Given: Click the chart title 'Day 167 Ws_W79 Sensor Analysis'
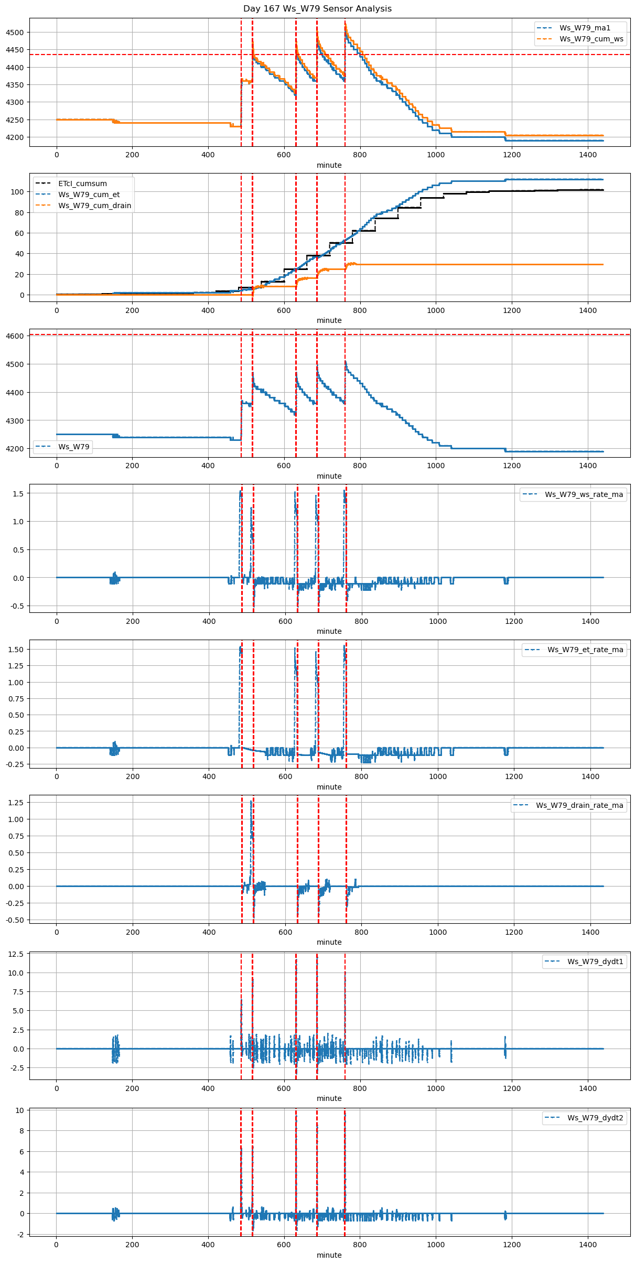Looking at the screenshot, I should click(x=317, y=8).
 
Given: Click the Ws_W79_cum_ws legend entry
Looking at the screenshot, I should click(x=591, y=39).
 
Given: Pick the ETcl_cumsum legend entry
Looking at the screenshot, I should click(x=82, y=183).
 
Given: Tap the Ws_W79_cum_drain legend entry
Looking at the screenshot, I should click(x=94, y=206).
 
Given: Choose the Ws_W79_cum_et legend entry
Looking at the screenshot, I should click(x=89, y=195).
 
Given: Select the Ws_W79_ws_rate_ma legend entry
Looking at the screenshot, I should click(x=584, y=494).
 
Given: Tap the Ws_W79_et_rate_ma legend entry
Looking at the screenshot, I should click(x=585, y=650).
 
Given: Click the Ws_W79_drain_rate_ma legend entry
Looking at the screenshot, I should click(x=579, y=805).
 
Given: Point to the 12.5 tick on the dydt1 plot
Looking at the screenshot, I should click(x=16, y=954).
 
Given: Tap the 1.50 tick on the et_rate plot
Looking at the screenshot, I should click(x=16, y=650).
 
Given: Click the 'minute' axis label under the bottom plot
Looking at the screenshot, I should click(x=329, y=1255).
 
